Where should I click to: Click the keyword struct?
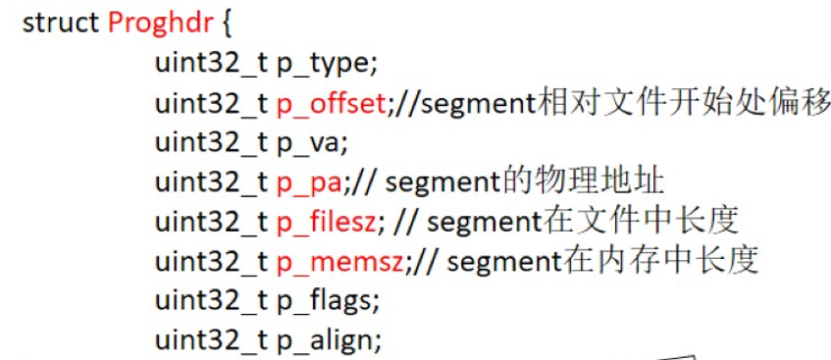click(61, 24)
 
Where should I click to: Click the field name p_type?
click(324, 64)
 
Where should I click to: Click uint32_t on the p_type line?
click(211, 64)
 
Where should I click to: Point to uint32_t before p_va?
click(211, 143)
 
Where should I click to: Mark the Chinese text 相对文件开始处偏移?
click(685, 102)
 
